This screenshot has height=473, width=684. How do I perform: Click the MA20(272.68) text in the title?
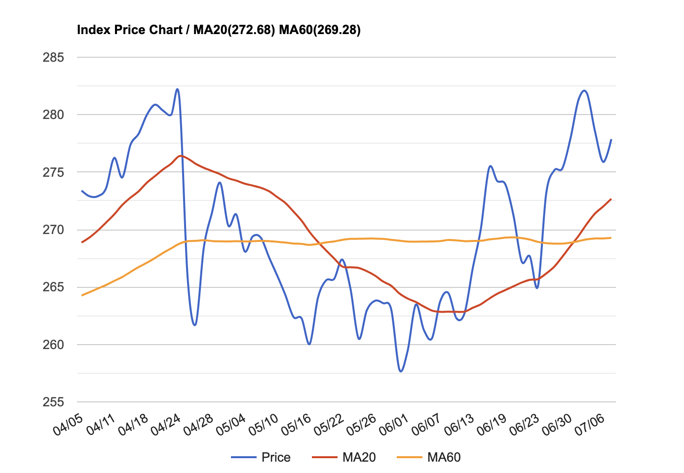(x=234, y=30)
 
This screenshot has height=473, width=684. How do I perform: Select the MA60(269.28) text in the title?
(x=320, y=30)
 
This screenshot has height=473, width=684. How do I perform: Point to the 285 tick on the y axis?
(x=54, y=58)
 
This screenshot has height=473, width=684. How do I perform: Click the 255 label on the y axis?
(x=54, y=402)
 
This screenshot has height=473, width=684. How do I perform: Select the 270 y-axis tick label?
(x=54, y=230)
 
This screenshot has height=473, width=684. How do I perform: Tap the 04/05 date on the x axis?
(x=68, y=425)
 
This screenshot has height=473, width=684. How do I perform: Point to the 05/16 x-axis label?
(x=297, y=425)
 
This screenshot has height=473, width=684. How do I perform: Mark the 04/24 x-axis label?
(x=166, y=425)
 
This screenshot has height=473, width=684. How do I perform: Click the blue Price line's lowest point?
(x=401, y=371)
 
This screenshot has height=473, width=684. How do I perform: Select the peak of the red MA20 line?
(x=181, y=156)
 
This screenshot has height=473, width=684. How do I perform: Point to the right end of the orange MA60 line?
(x=611, y=238)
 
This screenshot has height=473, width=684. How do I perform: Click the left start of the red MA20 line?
(x=82, y=242)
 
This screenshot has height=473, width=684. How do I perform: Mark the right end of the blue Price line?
(x=611, y=140)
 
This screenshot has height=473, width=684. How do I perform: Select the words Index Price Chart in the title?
(x=130, y=30)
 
